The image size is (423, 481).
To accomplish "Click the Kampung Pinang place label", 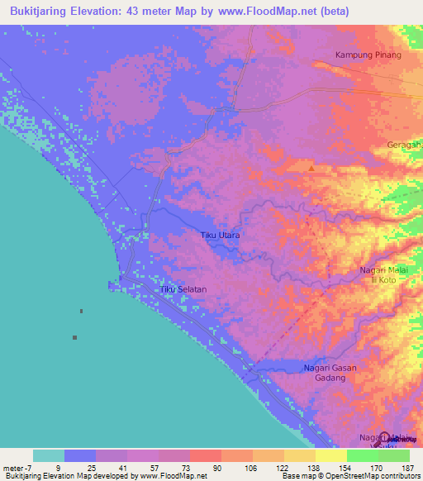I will (x=368, y=55).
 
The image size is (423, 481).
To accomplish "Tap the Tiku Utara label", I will (x=221, y=236).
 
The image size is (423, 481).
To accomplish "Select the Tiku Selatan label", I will (x=183, y=289).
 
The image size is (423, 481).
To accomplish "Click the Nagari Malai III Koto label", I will (x=385, y=274).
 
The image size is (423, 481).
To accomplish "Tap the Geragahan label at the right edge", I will (x=404, y=145).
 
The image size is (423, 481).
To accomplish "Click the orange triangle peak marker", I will (x=311, y=169).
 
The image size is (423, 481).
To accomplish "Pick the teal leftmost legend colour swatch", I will (x=49, y=455).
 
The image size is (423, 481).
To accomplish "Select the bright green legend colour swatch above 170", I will (x=362, y=455).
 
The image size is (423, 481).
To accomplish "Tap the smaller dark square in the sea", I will (x=81, y=312).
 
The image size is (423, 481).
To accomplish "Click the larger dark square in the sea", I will (x=75, y=337).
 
